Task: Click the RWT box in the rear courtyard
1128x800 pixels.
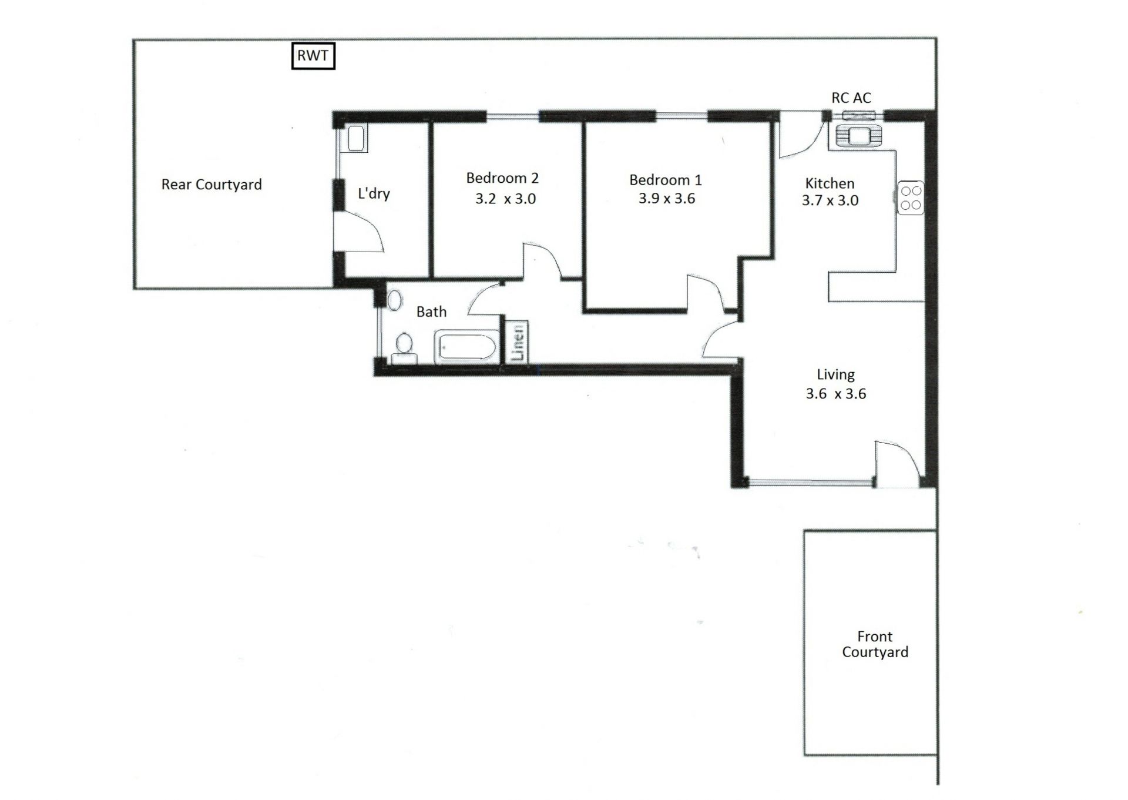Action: [x=313, y=56]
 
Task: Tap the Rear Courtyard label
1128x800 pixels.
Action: [x=211, y=185]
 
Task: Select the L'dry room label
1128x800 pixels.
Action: [x=374, y=193]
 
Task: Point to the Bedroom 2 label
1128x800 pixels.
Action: [x=502, y=178]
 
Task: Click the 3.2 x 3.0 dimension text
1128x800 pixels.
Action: [x=505, y=199]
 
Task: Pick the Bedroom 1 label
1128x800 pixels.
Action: [x=666, y=180]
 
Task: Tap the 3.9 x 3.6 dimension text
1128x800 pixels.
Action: [x=667, y=199]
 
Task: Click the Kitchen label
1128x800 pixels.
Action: [x=830, y=183]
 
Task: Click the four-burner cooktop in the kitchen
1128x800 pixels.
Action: [x=911, y=198]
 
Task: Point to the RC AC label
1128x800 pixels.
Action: [x=851, y=98]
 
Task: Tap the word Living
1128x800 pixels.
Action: [x=835, y=375]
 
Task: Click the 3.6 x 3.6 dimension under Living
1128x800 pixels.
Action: [x=836, y=394]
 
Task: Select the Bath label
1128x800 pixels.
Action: [x=431, y=312]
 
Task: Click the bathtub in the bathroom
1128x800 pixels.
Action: [x=466, y=347]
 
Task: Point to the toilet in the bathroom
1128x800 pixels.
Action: [x=404, y=348]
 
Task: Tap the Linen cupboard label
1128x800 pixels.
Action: [x=518, y=342]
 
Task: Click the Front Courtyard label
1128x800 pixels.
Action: [x=875, y=644]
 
